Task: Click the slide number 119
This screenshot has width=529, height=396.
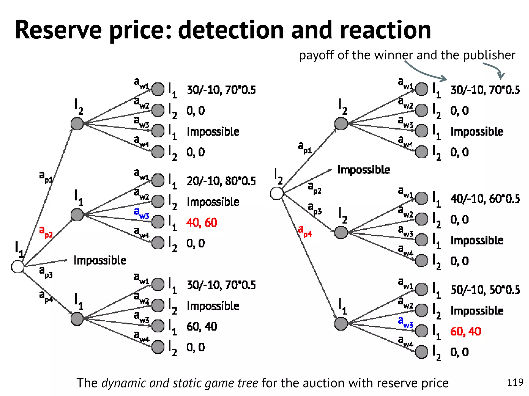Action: [x=515, y=382]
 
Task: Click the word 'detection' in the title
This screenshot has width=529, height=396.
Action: [x=231, y=30]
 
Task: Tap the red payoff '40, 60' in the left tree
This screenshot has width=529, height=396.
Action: [x=202, y=222]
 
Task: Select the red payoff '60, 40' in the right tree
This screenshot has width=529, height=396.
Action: [x=465, y=331]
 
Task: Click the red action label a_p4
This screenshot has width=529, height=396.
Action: [x=305, y=231]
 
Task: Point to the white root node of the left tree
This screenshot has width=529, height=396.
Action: [x=18, y=267]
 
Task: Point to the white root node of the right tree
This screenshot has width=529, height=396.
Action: [x=277, y=193]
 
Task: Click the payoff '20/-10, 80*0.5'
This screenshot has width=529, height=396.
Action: [x=221, y=181]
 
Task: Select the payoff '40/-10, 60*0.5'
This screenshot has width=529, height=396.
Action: [x=485, y=199]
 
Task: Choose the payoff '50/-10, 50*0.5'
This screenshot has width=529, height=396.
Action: [x=485, y=290]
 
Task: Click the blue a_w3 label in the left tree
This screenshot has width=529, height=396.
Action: [x=142, y=213]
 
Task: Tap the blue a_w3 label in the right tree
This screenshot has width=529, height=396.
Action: [x=405, y=322]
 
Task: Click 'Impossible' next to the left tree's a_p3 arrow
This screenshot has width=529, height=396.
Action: [x=100, y=260]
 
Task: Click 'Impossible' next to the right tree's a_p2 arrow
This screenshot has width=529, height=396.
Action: [x=364, y=170]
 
